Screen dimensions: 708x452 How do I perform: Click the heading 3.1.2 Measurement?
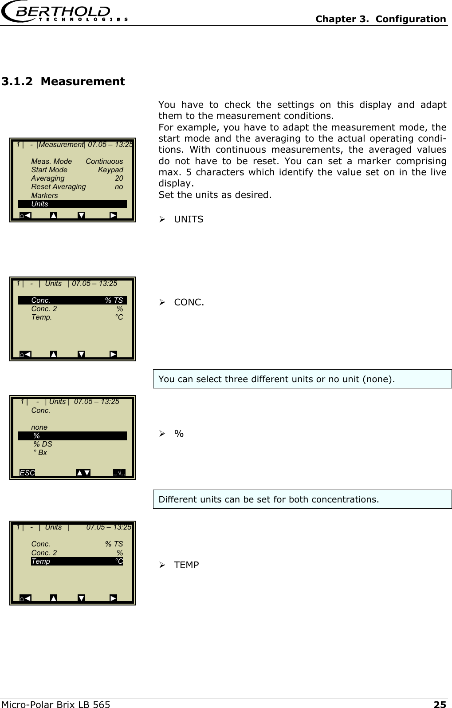pos(63,82)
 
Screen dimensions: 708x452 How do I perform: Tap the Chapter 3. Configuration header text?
pos(380,19)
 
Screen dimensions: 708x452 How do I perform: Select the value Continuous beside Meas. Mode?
pos(104,162)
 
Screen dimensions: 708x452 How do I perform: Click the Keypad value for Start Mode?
pos(110,170)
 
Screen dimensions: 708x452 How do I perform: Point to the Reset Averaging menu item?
pos(58,187)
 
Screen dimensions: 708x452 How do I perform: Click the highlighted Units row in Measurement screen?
pos(72,204)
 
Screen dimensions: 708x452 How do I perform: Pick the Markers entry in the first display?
pos(44,196)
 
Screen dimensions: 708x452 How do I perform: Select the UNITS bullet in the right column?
pos(189,219)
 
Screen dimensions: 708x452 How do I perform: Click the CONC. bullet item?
pos(189,303)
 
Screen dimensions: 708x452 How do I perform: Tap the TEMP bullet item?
pos(186,565)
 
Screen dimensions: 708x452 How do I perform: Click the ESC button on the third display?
pos(28,473)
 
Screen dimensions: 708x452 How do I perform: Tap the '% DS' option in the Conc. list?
pos(43,444)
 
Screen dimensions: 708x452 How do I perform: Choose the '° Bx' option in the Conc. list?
pos(40,453)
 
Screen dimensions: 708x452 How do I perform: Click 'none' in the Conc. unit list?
pos(39,427)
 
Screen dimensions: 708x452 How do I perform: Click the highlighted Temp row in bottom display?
pos(77,562)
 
